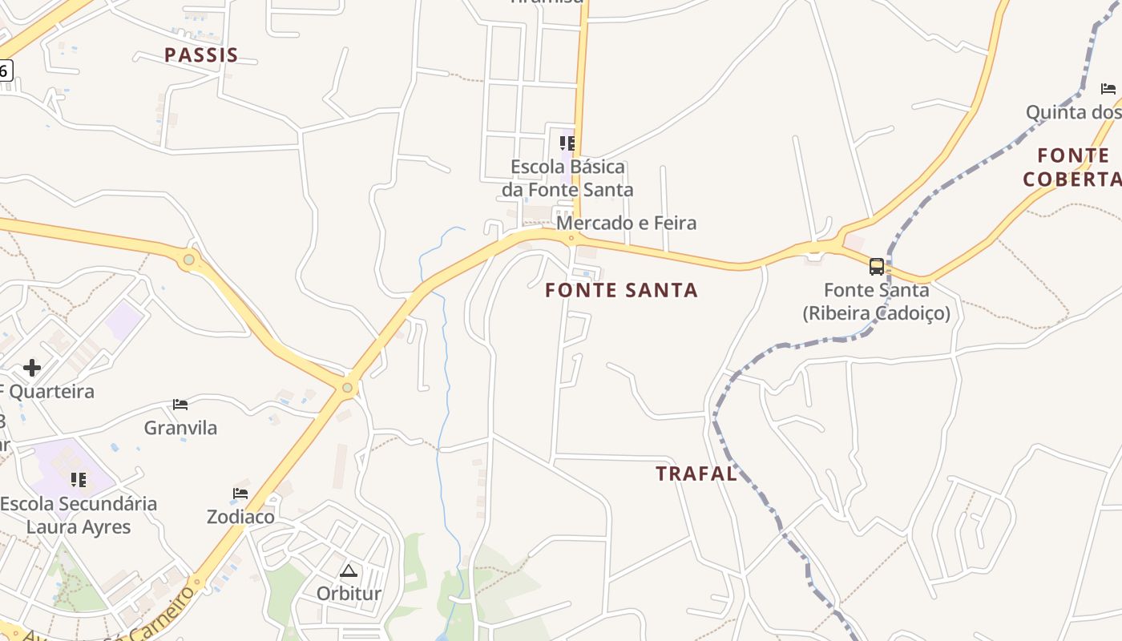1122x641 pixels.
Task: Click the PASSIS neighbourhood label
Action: [201, 55]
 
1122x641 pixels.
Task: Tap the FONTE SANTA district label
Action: [621, 290]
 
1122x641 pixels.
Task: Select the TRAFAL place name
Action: [696, 474]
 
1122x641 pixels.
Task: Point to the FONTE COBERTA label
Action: [1072, 167]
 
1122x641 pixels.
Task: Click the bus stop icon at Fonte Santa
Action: [877, 266]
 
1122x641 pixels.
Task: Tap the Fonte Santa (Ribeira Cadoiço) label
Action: [877, 301]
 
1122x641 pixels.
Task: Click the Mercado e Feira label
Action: [626, 223]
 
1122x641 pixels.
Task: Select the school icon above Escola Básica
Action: [567, 143]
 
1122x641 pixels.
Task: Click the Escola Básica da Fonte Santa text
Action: [567, 178]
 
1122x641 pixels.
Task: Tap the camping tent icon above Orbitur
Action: [348, 570]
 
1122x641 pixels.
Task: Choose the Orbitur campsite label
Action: [349, 594]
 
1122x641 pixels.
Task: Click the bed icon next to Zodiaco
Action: [240, 493]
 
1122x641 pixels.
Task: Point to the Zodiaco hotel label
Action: [240, 517]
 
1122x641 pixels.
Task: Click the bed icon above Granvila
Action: [180, 405]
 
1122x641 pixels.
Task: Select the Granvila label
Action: [180, 428]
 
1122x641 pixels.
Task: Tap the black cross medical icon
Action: [32, 368]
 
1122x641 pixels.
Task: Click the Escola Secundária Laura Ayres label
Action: [79, 515]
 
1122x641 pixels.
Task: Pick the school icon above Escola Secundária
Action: [79, 480]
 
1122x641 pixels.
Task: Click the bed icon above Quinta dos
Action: [1108, 88]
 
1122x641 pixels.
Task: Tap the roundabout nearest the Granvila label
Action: [347, 388]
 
